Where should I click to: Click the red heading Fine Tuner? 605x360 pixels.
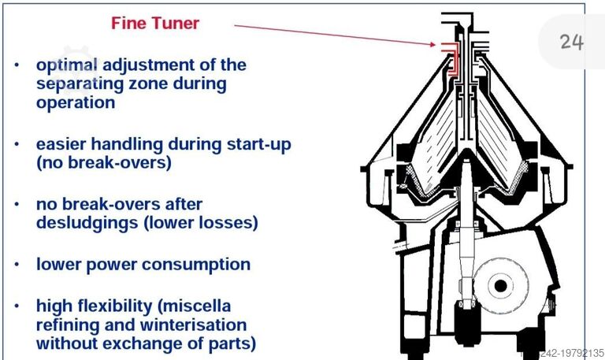[155, 23]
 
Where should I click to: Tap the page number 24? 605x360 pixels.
[572, 42]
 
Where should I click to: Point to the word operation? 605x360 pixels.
[76, 102]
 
